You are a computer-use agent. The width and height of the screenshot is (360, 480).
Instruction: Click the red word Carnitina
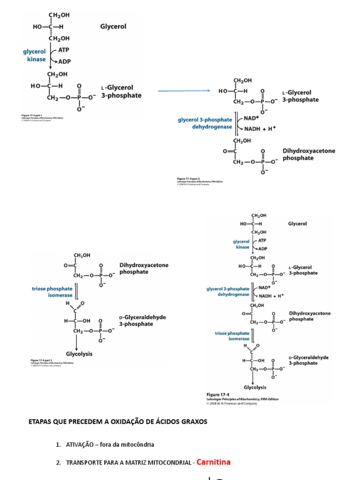point(213,462)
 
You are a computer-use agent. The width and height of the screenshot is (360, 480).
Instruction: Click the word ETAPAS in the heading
point(40,422)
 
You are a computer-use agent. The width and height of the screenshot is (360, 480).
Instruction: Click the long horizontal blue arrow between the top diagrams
point(183,91)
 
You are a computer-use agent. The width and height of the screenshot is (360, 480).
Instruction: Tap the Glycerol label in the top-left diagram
point(113,27)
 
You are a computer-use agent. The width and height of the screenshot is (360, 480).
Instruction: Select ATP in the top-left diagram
point(64,49)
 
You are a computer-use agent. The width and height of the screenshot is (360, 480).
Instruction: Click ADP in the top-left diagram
point(65,61)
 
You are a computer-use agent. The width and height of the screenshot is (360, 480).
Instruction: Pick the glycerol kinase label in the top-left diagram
point(35,56)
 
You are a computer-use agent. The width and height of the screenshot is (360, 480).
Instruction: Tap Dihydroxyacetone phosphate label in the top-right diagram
point(309,155)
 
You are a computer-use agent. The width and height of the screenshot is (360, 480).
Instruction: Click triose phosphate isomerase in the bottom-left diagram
point(52,292)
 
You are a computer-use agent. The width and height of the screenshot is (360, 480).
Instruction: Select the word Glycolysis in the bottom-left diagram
point(79,354)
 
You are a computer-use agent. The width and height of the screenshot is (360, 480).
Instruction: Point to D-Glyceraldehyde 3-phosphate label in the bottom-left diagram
point(142,321)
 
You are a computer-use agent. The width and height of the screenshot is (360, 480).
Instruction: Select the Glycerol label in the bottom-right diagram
point(297,224)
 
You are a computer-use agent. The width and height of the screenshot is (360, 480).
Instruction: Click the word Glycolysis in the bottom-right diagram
point(255,387)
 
